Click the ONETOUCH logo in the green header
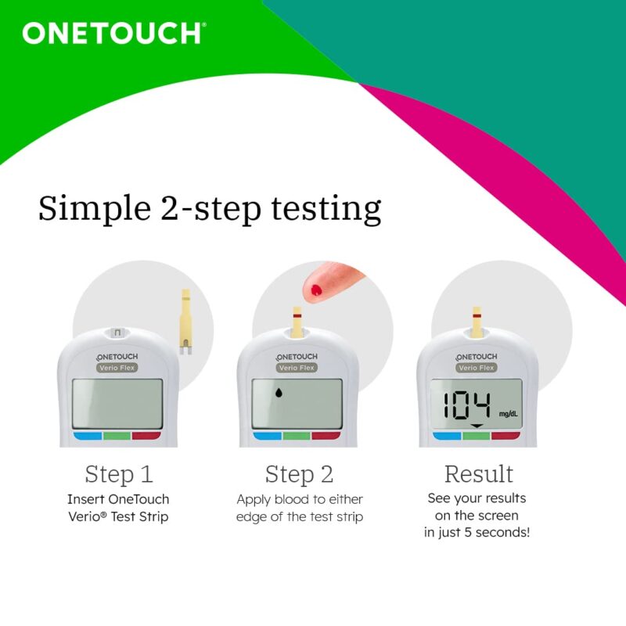(x=113, y=34)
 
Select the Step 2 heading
(x=299, y=474)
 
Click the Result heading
(x=478, y=474)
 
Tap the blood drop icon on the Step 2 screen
(x=279, y=396)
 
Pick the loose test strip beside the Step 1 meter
(x=185, y=322)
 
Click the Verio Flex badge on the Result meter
(x=477, y=368)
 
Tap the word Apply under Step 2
(x=255, y=499)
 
